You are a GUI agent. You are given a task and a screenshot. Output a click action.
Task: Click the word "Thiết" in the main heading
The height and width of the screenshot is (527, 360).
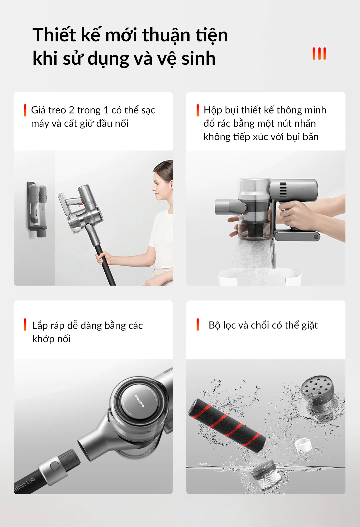[54, 35]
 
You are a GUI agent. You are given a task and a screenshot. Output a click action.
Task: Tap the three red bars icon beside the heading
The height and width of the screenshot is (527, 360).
[319, 53]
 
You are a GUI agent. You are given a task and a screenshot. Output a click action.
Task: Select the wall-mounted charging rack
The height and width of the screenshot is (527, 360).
[37, 209]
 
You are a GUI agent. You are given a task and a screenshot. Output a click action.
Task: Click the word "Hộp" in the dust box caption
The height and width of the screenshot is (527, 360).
[213, 110]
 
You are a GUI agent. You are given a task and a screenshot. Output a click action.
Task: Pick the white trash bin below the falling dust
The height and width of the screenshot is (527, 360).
[260, 277]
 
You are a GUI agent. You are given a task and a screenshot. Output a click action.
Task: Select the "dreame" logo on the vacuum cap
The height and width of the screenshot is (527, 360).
[139, 401]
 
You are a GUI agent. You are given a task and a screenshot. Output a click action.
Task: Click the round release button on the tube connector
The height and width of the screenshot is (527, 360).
[55, 466]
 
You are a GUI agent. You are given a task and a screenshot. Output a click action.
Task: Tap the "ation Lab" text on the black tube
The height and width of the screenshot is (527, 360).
[24, 484]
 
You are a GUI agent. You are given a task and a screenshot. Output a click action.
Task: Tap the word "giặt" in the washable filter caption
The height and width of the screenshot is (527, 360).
[310, 326]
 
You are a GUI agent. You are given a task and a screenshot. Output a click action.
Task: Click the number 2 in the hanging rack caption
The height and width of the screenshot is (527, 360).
[71, 110]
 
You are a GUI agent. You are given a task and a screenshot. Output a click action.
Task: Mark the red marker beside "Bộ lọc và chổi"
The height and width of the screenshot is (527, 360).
[198, 325]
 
